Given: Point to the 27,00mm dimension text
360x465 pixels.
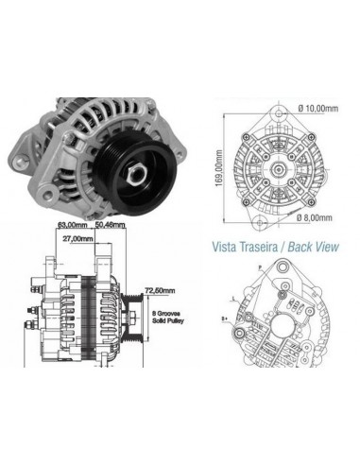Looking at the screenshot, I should [x=78, y=241].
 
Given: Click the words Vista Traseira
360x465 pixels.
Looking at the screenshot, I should [x=241, y=249].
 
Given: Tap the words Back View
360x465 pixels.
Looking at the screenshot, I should [x=312, y=249].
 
